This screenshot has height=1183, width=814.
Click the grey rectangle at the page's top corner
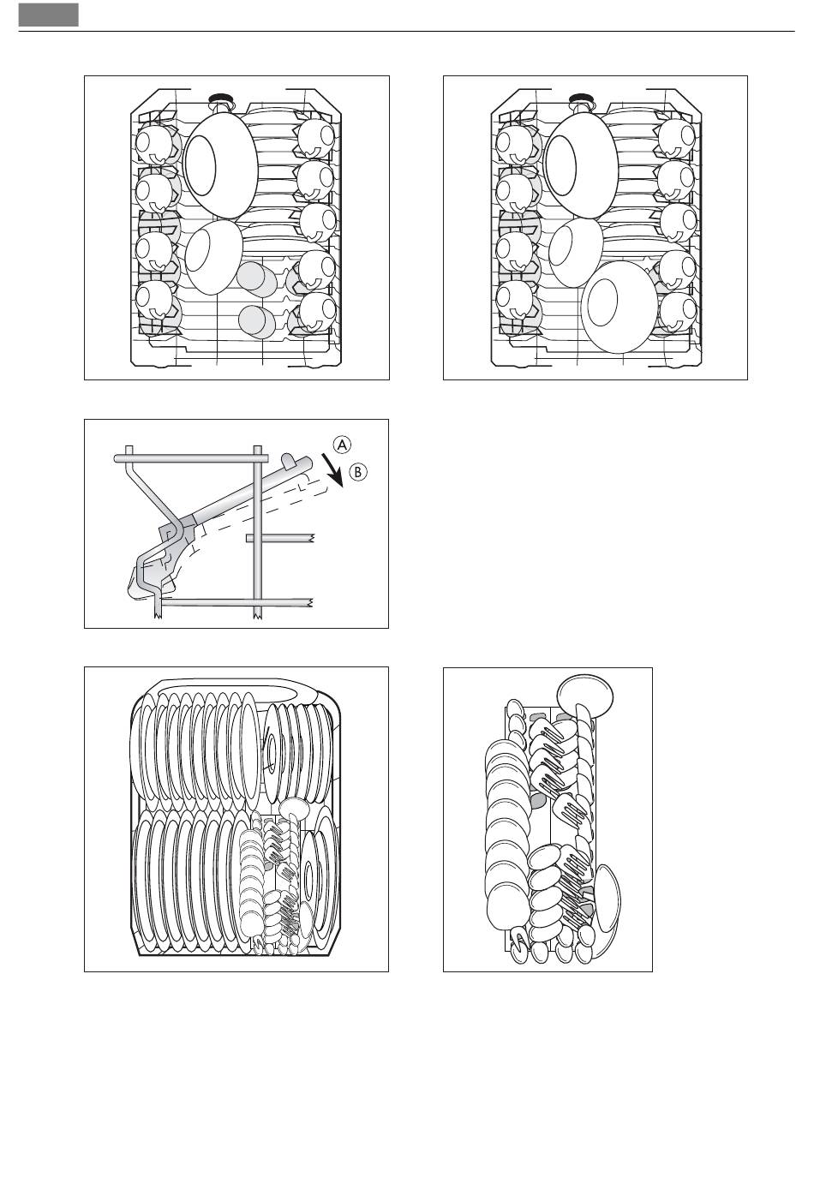point(48,15)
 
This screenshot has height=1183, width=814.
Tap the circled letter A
point(342,445)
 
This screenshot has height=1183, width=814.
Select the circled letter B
point(357,471)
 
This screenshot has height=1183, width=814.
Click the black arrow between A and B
point(332,469)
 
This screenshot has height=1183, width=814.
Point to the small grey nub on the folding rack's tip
point(289,459)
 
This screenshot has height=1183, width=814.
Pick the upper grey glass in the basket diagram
point(255,278)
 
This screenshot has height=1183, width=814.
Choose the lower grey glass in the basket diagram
point(257,321)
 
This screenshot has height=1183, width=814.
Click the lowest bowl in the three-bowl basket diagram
point(619,307)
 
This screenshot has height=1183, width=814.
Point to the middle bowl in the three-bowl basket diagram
point(575,253)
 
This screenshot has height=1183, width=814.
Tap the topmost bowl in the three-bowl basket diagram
point(581,165)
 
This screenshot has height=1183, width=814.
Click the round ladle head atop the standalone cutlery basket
point(584,697)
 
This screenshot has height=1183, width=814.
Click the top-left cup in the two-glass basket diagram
point(153,144)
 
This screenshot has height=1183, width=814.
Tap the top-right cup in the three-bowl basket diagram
point(677,137)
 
